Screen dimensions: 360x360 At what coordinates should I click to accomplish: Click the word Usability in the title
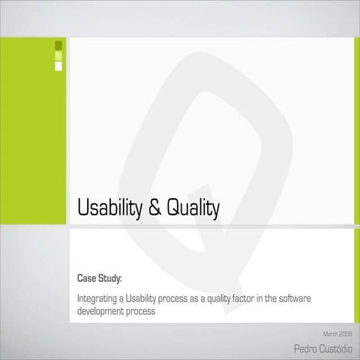[108, 208]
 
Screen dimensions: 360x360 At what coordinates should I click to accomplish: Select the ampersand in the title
[154, 208]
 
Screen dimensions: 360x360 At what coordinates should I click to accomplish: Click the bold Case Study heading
[100, 279]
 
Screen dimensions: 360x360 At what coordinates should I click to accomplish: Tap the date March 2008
[337, 333]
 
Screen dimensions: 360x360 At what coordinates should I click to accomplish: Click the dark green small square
[58, 45]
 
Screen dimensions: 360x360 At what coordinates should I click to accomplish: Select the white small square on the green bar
[58, 66]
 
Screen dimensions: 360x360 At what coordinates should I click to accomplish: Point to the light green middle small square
[58, 55]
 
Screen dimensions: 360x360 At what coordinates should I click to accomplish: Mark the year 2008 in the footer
[345, 333]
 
